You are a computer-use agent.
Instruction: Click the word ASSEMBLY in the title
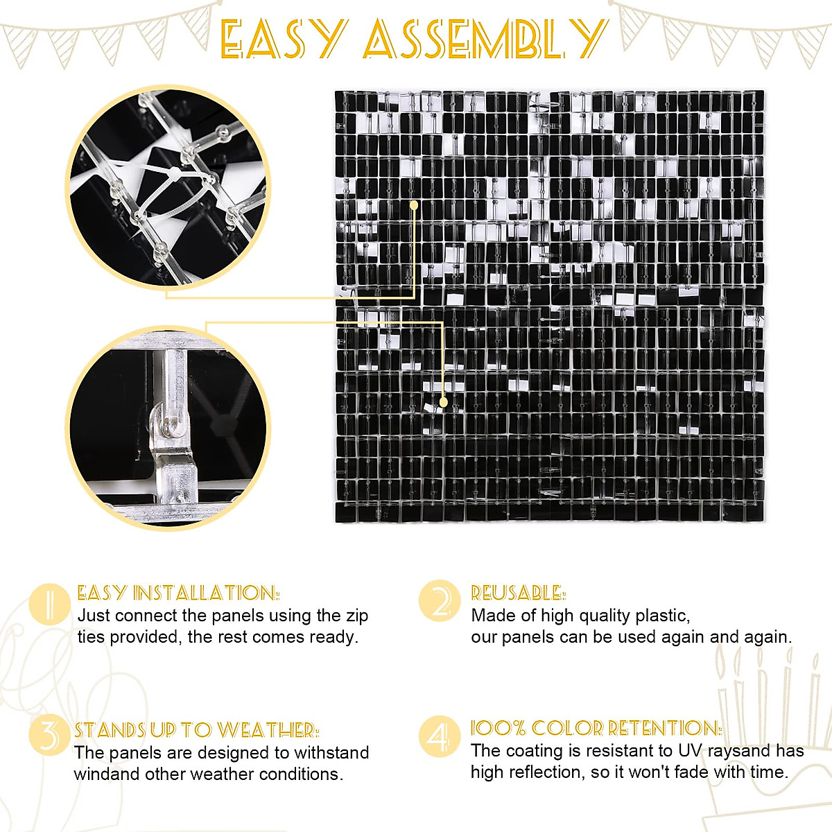click(484, 39)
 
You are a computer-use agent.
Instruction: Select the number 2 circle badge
click(440, 601)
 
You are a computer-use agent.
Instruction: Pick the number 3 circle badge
click(49, 736)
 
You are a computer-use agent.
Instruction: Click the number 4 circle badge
click(440, 736)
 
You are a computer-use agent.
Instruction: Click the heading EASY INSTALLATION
click(178, 593)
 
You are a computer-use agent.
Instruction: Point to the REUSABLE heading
click(518, 593)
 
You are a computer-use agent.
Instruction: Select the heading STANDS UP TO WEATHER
click(196, 729)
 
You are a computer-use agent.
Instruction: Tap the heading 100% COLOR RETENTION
click(596, 728)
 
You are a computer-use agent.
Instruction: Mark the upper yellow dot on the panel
click(414, 205)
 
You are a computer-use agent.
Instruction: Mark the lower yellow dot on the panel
click(443, 401)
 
